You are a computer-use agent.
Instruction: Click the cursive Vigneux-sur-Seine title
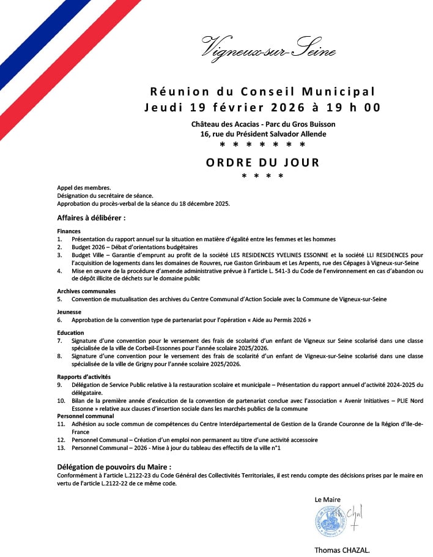point(268,47)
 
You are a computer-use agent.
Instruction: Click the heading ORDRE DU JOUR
point(262,163)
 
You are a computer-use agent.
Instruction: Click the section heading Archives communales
point(86,291)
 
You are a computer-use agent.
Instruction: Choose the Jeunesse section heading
point(69,312)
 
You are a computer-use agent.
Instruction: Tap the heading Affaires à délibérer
point(92,217)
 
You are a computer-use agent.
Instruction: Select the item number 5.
point(60,299)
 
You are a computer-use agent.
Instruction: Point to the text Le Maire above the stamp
point(328,499)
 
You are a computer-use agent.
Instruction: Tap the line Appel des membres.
point(84,187)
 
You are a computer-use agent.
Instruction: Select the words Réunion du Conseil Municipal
point(262,92)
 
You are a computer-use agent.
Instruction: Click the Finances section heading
point(68,231)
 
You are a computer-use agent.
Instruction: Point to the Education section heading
point(71,332)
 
